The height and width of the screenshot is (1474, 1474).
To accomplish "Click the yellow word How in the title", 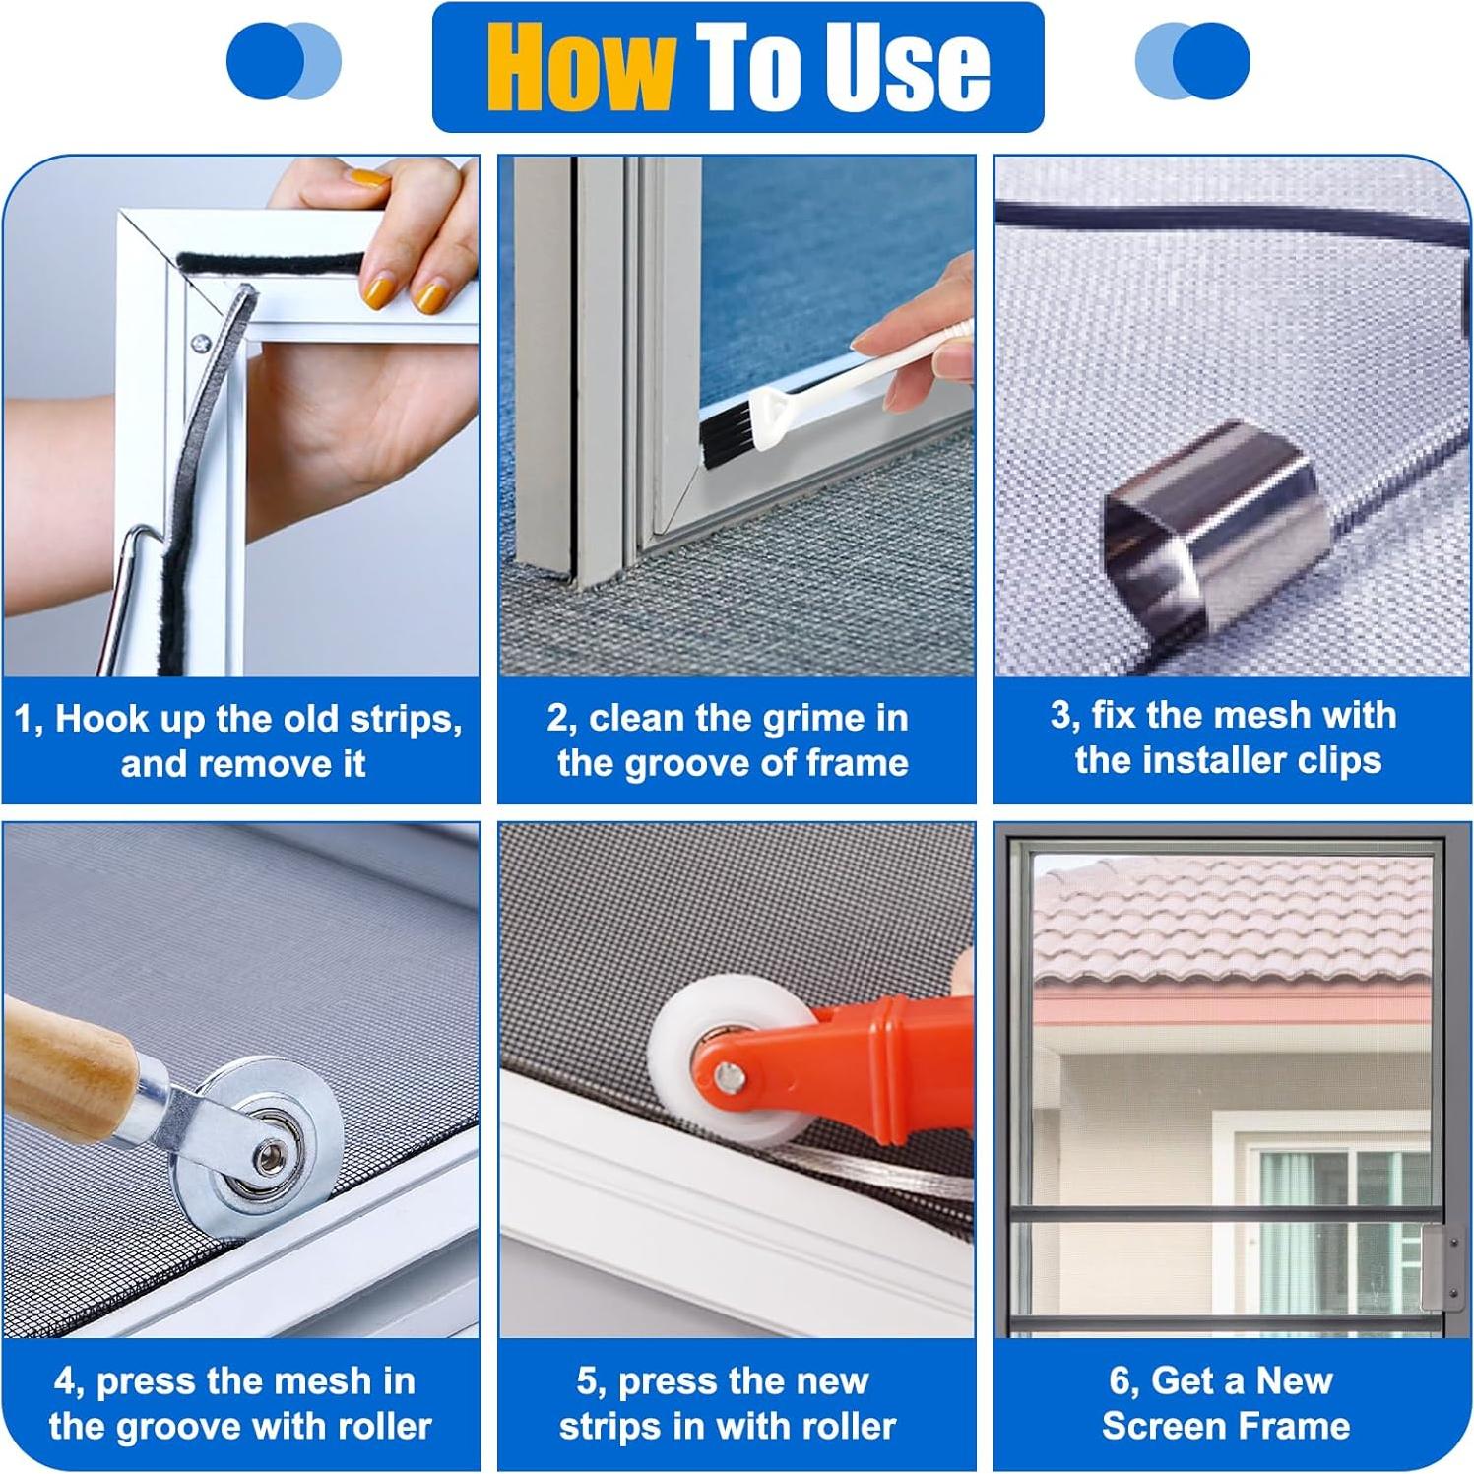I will pyautogui.click(x=581, y=68).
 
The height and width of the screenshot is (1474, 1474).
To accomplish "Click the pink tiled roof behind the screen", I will pyautogui.click(x=1231, y=926).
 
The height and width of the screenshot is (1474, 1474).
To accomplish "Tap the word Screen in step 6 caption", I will pyautogui.click(x=1157, y=1426).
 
